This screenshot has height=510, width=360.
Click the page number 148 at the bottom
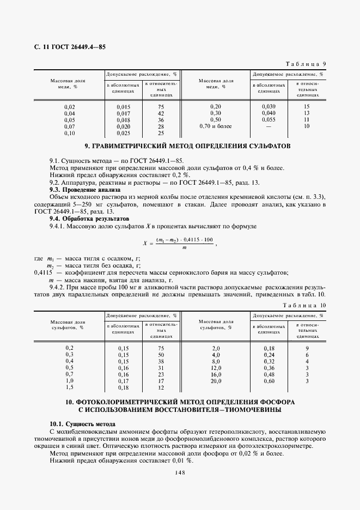tap(180, 473)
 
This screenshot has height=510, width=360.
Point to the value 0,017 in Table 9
tap(124, 113)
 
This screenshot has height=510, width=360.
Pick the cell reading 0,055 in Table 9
tap(269, 119)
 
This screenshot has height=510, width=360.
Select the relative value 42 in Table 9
tap(161, 113)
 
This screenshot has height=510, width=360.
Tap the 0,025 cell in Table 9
tap(124, 133)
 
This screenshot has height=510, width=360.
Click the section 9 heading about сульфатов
tap(180, 146)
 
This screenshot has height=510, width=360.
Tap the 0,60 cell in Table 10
tap(269, 381)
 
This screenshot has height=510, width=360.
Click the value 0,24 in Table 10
tap(269, 355)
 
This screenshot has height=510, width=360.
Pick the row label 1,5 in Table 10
tap(70, 387)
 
